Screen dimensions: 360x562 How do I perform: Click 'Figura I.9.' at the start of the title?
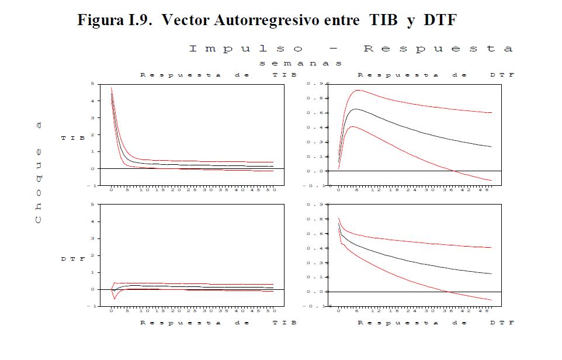coord(116,20)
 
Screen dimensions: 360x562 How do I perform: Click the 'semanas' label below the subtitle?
coord(300,63)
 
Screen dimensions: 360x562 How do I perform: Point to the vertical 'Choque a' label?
coord(39,176)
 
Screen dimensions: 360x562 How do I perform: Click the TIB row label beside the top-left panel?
coord(74,138)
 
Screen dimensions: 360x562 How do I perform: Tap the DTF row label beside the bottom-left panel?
coord(74,259)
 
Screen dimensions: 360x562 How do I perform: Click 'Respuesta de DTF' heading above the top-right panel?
coord(435,75)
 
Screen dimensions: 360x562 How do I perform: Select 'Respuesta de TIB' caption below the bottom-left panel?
coord(217,323)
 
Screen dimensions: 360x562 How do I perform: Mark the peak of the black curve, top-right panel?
coord(355,109)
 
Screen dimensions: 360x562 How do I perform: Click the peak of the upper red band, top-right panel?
coord(357,90)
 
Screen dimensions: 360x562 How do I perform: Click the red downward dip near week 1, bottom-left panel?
coord(115,299)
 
